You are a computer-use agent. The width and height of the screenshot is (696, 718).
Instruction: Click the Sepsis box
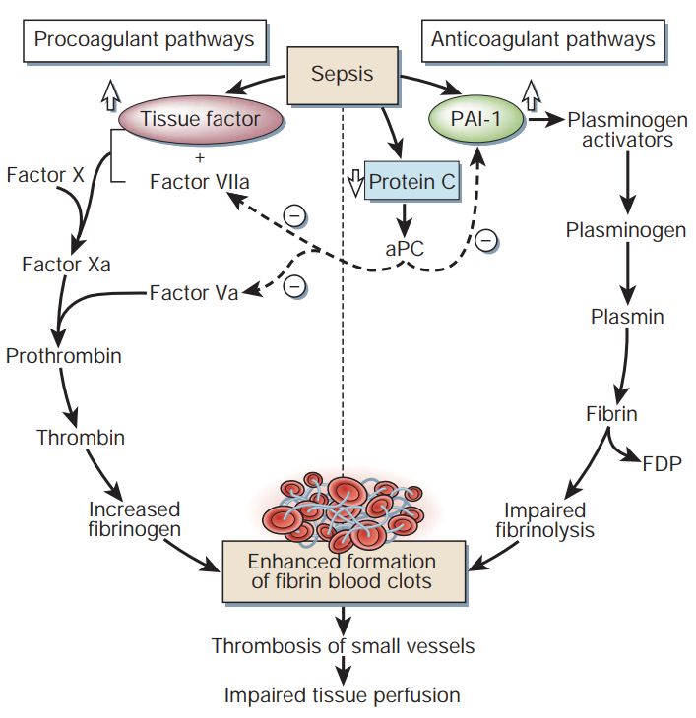coord(342,76)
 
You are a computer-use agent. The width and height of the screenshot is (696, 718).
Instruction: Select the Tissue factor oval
coord(200,120)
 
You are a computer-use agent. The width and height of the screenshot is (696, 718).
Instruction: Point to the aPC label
coord(404,249)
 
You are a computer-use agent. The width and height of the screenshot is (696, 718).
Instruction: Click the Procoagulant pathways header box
coord(144,41)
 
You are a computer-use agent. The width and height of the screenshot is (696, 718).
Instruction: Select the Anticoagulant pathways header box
coord(542,41)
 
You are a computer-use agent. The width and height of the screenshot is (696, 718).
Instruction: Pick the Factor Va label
coord(194,292)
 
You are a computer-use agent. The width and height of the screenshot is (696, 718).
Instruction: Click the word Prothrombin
coord(64,356)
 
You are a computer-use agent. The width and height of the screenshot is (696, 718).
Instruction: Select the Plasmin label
coord(627,317)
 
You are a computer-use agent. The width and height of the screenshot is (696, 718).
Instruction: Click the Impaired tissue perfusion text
coord(342,695)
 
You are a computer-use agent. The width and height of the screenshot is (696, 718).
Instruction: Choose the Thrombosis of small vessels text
coord(343,646)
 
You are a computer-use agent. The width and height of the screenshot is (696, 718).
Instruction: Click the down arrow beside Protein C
coord(355,181)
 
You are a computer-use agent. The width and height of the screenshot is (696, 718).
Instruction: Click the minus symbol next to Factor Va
coord(293,285)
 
